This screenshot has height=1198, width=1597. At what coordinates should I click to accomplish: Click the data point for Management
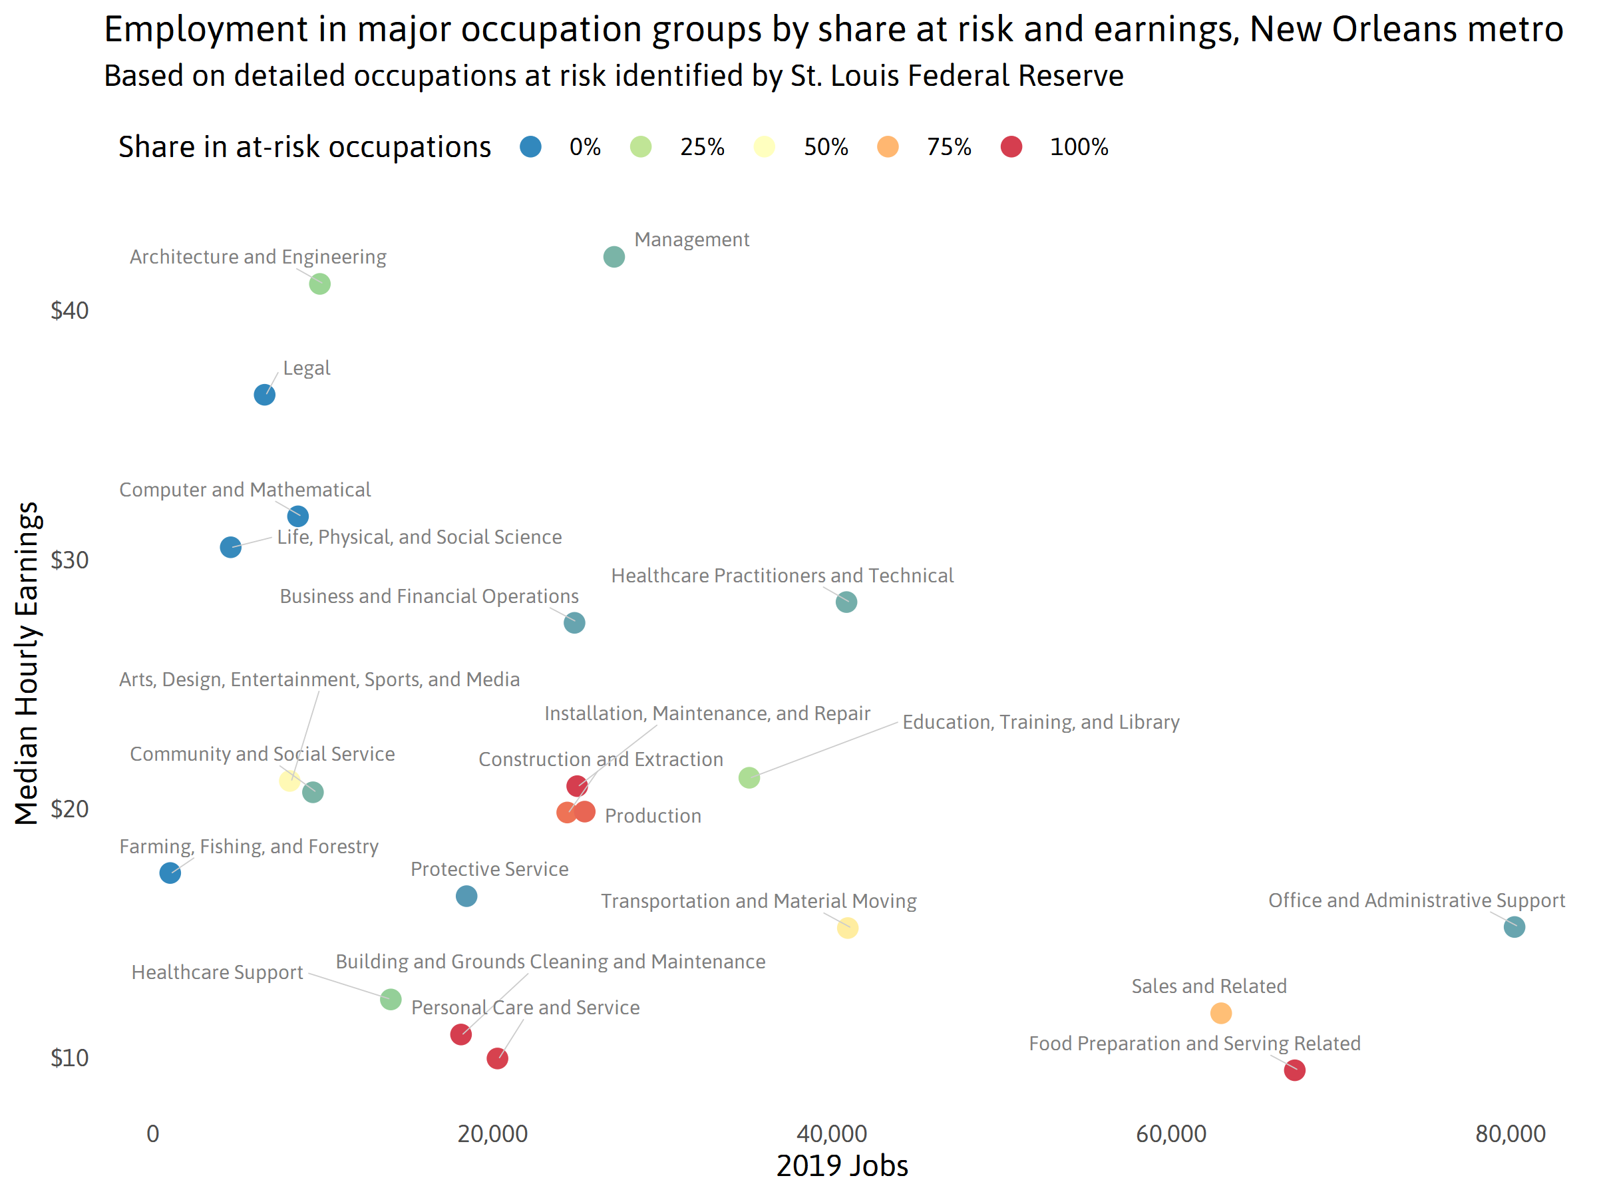[x=614, y=256]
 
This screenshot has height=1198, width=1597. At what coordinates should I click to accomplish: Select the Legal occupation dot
[x=264, y=395]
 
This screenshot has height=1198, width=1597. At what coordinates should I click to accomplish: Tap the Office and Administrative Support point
[x=1514, y=926]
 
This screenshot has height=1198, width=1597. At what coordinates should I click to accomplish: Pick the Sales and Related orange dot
[x=1221, y=1013]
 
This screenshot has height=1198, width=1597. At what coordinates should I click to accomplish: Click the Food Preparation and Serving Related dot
[x=1294, y=1070]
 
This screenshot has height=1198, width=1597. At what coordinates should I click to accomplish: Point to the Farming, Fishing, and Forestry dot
[x=170, y=873]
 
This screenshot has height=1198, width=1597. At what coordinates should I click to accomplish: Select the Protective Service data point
[x=466, y=896]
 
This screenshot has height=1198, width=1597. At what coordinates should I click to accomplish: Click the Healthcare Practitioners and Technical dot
[x=846, y=602]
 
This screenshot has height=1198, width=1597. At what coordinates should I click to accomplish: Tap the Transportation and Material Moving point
[x=848, y=928]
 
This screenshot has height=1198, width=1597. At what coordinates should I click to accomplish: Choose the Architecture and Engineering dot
[x=320, y=284]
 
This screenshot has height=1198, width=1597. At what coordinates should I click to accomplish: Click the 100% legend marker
[x=1011, y=146]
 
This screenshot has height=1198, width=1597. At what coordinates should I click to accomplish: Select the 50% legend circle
[x=765, y=146]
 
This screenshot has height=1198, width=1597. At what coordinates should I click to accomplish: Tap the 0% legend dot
[x=530, y=146]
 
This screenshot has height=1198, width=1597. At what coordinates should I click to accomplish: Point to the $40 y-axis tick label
[x=69, y=311]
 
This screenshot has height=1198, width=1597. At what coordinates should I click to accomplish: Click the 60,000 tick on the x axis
[x=1171, y=1133]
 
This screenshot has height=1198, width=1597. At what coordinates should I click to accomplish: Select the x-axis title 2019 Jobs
[x=842, y=1166]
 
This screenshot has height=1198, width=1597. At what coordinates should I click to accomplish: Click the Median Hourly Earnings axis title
[x=27, y=663]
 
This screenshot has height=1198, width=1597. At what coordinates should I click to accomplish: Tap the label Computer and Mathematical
[x=245, y=490]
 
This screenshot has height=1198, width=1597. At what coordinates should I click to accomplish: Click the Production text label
[x=653, y=816]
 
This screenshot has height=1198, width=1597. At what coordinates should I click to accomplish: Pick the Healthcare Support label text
[x=218, y=972]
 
